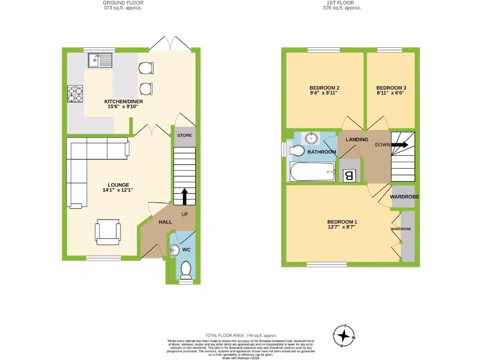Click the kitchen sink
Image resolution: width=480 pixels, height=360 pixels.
coord(99,60)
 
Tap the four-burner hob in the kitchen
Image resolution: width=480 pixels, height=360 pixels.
coord(75,94)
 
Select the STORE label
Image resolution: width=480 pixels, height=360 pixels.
coord(184,135)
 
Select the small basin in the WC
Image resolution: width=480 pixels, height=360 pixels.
coord(174,251)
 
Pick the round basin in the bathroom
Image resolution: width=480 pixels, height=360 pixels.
coord(311,138)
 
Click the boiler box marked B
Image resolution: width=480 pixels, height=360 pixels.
coord(349,176)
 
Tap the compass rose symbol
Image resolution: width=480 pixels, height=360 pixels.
coord(345,336)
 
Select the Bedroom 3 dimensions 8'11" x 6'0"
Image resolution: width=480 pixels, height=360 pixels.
coord(390,93)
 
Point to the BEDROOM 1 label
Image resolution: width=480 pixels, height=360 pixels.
coord(342,222)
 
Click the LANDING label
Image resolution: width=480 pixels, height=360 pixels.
coord(357,140)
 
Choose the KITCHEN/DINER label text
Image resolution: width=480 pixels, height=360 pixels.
coord(123,101)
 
